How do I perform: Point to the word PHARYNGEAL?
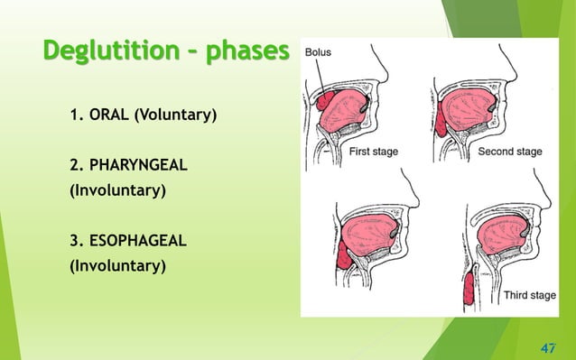116,167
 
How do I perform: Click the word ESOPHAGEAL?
116,242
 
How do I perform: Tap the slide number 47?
547,346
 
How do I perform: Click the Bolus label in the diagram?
318,52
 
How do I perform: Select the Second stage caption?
510,152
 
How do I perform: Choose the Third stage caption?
530,295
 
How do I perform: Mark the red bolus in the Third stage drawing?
469,293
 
